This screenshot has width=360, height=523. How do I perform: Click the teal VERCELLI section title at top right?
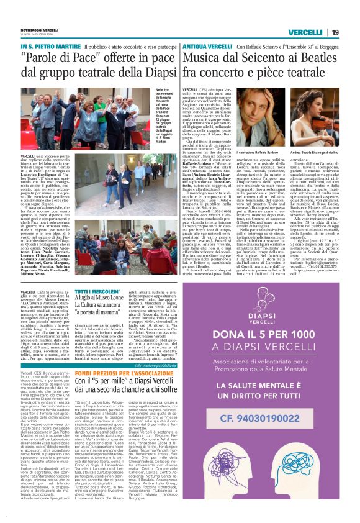[305, 32]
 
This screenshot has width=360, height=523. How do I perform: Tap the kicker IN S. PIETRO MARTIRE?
[50, 46]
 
